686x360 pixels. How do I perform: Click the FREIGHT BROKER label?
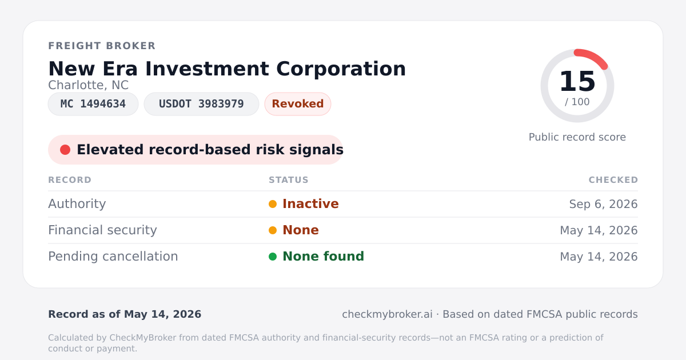click(102, 46)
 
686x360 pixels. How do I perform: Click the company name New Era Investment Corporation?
click(227, 69)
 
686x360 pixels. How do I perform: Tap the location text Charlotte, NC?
click(88, 85)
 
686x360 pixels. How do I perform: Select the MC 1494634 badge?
click(93, 104)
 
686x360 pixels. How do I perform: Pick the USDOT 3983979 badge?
click(201, 104)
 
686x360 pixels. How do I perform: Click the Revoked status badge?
click(298, 104)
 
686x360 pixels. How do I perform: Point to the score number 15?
click(577, 81)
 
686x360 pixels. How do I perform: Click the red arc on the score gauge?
click(593, 57)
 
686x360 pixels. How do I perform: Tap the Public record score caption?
click(577, 137)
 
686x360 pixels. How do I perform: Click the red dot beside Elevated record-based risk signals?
click(65, 150)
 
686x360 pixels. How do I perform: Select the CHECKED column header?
click(613, 180)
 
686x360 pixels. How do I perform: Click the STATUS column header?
click(289, 180)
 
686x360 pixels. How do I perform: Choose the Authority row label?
click(77, 204)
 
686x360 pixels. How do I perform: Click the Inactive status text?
click(310, 204)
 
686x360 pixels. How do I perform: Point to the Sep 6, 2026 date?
click(603, 204)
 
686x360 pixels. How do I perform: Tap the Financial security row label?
click(102, 230)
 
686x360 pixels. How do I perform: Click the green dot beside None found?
click(273, 257)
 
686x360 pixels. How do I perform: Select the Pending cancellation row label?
click(113, 257)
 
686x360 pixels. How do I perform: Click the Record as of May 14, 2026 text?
click(125, 314)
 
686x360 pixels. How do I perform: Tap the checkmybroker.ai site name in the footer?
click(387, 314)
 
